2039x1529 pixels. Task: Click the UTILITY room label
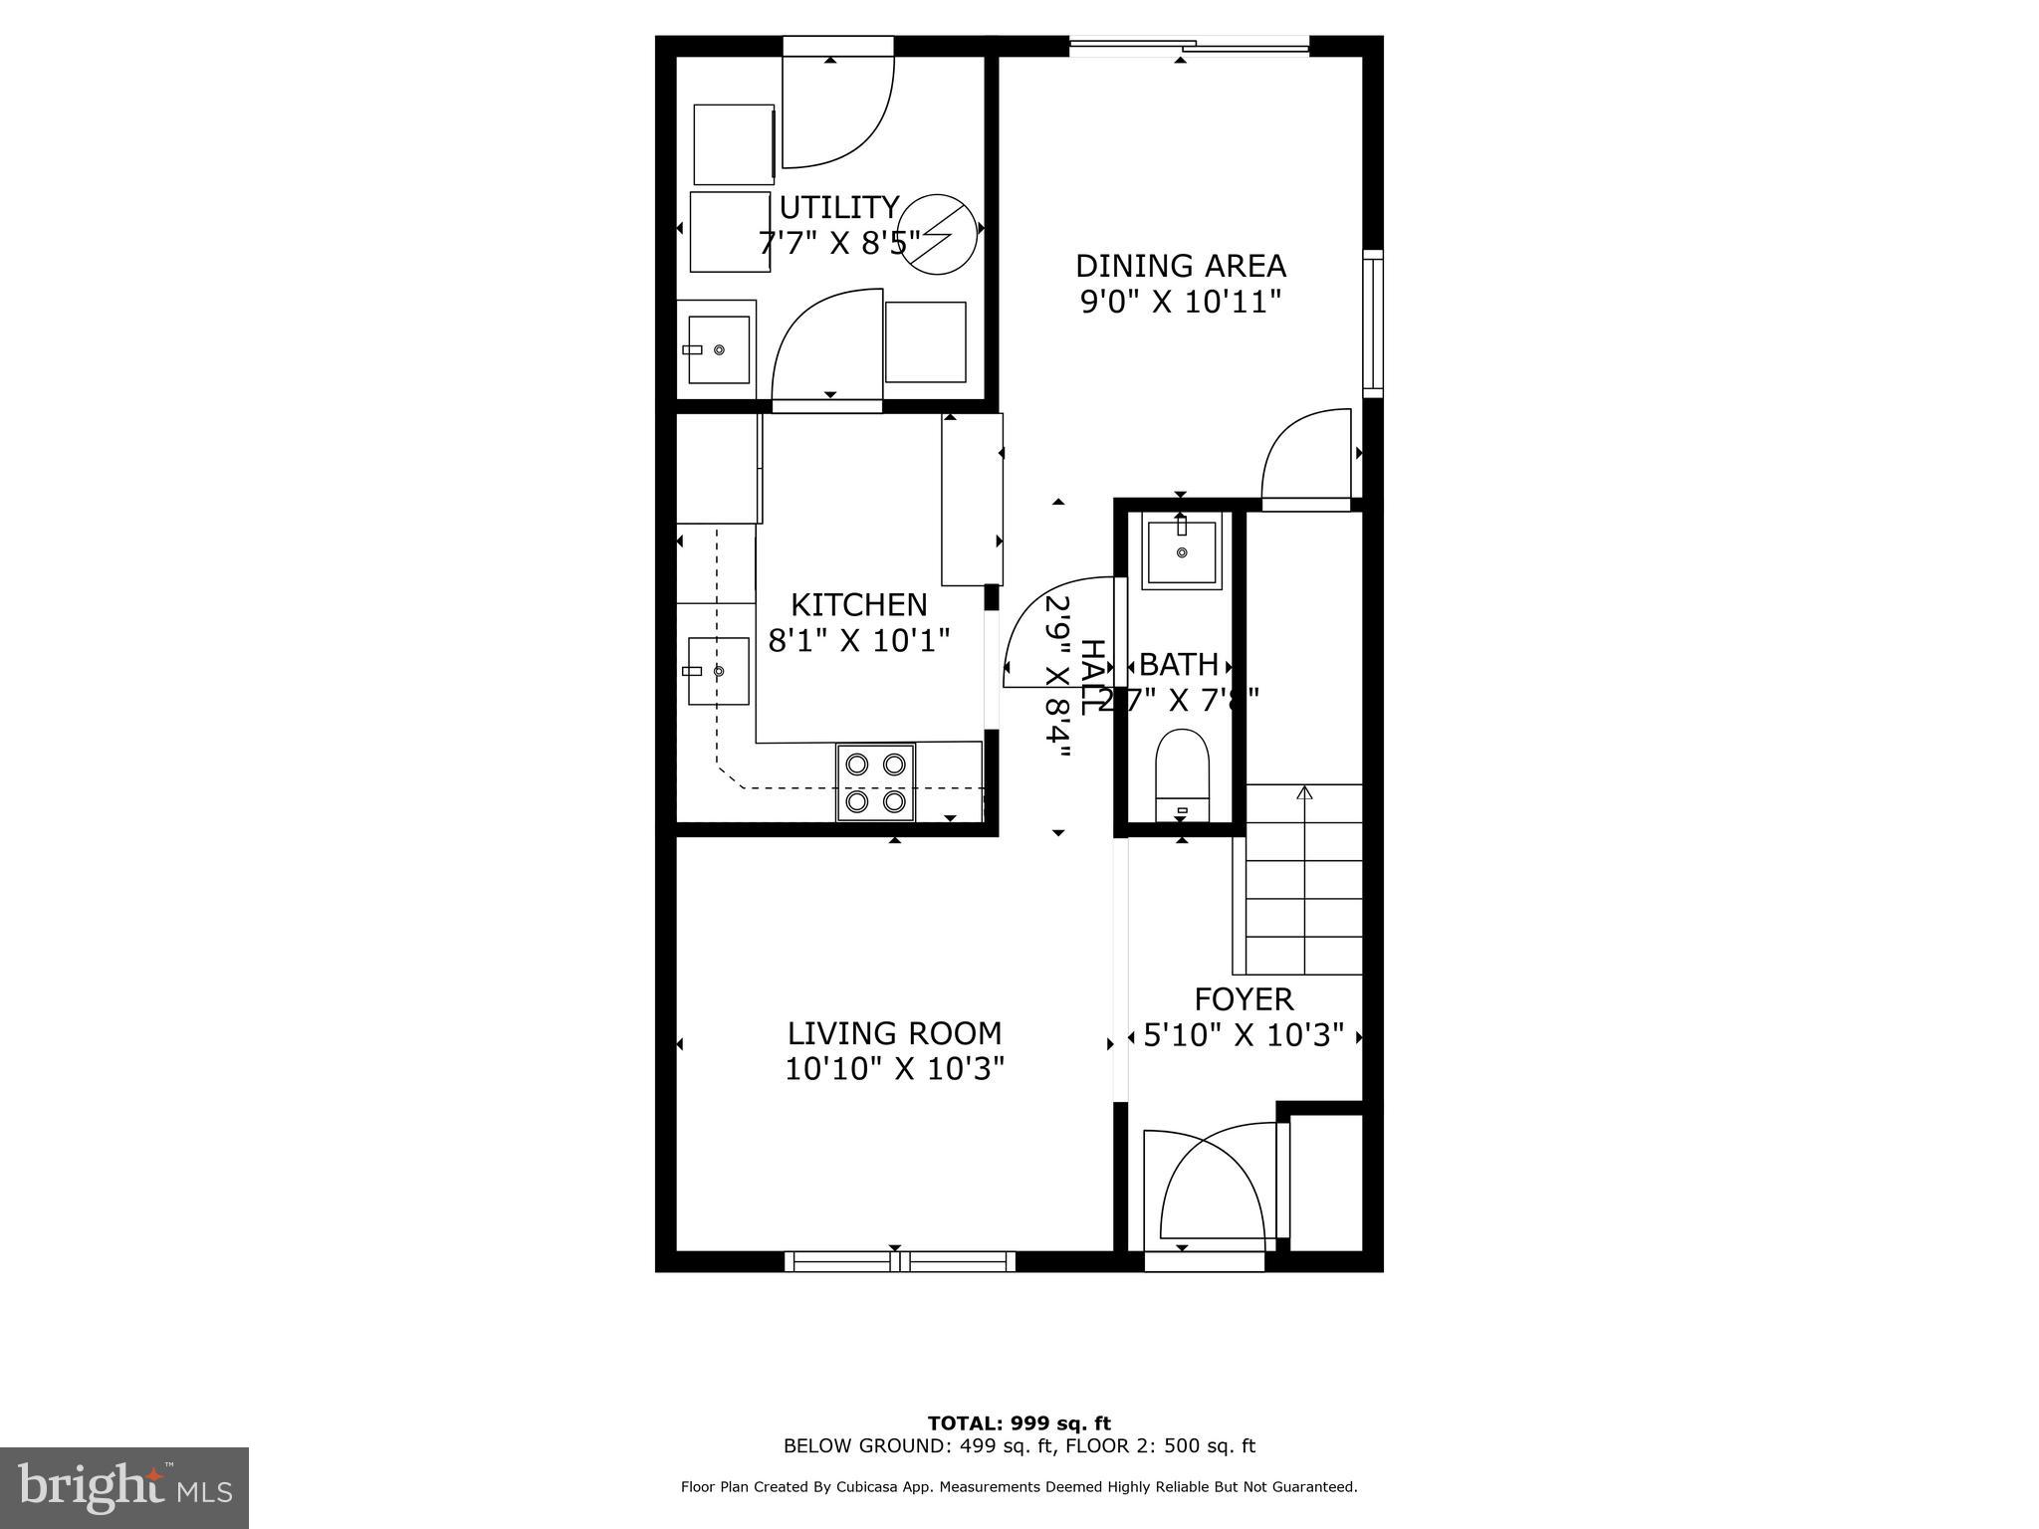coord(838,207)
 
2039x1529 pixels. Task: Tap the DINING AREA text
coord(1181,266)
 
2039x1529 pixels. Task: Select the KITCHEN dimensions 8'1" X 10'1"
coord(858,639)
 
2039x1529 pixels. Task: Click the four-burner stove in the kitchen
coord(876,782)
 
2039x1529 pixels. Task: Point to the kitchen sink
coord(718,671)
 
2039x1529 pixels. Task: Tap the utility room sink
coord(718,350)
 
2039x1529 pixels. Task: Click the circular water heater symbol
coord(936,233)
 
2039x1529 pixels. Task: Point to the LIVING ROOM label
coord(894,1033)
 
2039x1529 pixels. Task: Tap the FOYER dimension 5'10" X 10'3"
coord(1244,1035)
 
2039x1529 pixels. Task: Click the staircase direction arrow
coord(1304,794)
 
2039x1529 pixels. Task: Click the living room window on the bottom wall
coord(900,1261)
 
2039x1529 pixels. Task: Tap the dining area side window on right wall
coord(1373,323)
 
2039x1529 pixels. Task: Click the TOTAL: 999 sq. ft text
coord(1019,1423)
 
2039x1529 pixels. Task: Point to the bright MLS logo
coord(124,1487)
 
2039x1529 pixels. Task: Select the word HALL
coord(1092,676)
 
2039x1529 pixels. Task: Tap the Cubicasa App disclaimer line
coord(1019,1487)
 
